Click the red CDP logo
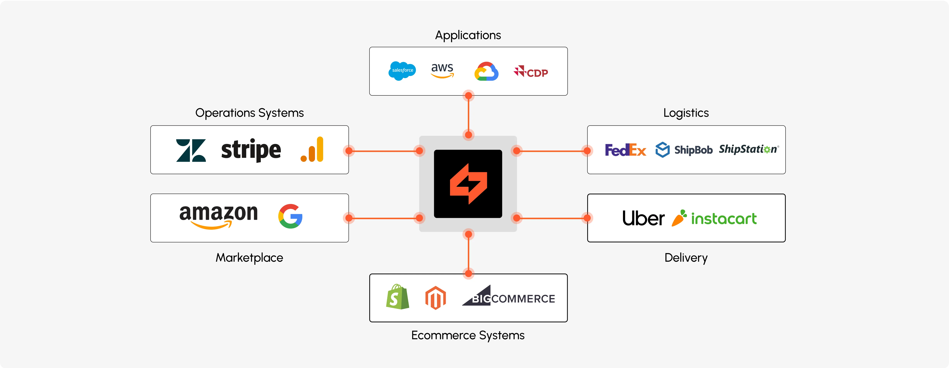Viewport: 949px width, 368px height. [x=531, y=71]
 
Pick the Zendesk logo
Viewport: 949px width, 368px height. [x=191, y=150]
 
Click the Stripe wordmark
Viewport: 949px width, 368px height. [x=251, y=150]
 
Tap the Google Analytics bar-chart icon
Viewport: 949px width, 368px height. [x=312, y=150]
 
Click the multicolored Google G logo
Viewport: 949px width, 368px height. [x=290, y=216]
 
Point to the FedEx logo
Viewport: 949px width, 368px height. [x=625, y=150]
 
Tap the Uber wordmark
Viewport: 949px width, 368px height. [x=643, y=218]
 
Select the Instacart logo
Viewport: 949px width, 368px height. [x=714, y=218]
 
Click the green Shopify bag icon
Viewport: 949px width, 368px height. [x=398, y=297]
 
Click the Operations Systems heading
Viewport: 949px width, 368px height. [x=249, y=113]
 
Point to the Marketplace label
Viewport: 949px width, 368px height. [x=249, y=258]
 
